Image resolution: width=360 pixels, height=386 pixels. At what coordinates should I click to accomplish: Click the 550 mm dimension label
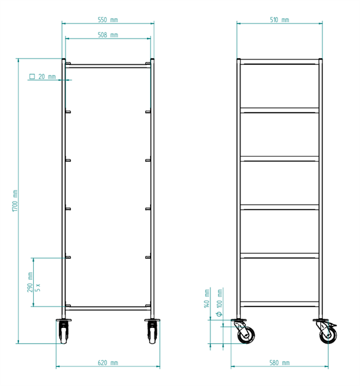point(108,20)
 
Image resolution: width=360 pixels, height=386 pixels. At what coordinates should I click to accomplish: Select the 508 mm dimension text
point(108,35)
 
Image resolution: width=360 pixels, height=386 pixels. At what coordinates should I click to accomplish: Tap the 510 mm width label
point(280,20)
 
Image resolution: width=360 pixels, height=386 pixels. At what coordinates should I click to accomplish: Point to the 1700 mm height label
point(15,200)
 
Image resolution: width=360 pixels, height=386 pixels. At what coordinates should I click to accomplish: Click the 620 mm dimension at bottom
point(108,363)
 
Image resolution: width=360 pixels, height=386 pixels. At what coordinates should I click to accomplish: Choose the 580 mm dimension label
point(280,363)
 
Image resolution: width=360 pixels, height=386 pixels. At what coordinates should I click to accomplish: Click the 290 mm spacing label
point(30,282)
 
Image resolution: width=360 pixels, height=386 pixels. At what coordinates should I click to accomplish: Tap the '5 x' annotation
point(37,287)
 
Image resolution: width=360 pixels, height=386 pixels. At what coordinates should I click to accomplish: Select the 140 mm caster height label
point(207,298)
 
